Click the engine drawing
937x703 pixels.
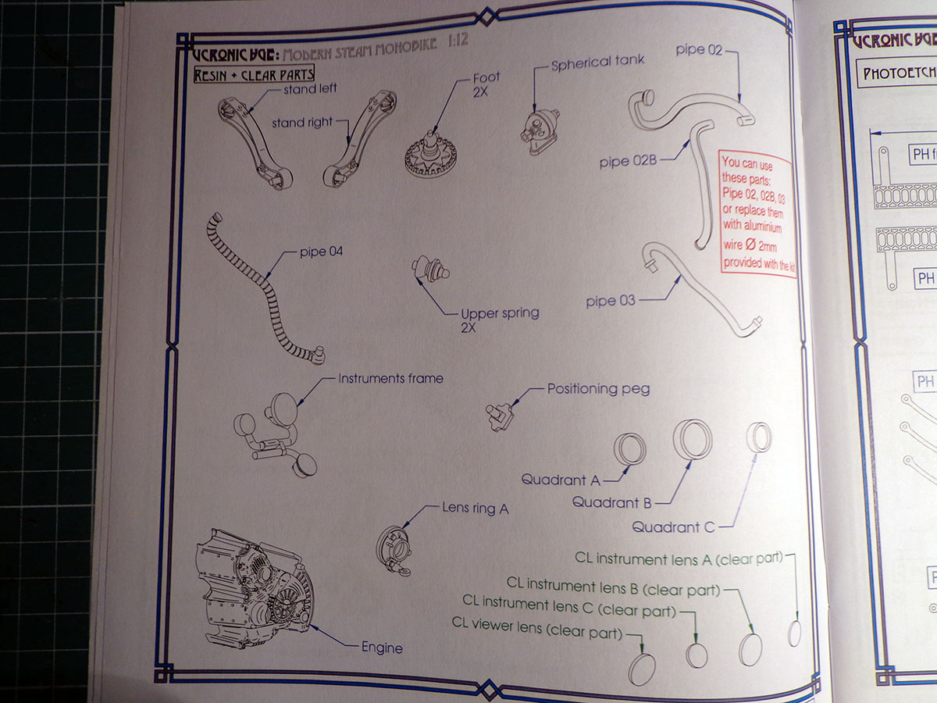[x=254, y=578]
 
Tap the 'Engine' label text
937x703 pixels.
[x=382, y=648]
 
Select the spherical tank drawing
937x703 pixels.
[x=538, y=127]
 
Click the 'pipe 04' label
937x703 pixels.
[x=321, y=252]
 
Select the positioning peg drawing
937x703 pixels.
[x=498, y=415]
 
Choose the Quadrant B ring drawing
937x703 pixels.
[x=693, y=438]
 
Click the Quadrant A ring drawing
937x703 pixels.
[x=629, y=449]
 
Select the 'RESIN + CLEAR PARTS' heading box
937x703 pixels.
[x=254, y=74]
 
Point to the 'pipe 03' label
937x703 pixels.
[x=611, y=301]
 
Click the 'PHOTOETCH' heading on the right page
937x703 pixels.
[x=898, y=75]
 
